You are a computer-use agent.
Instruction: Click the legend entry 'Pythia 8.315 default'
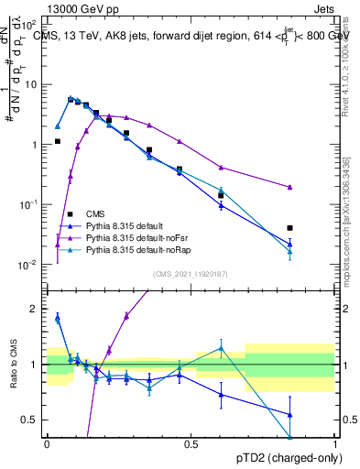click(125, 225)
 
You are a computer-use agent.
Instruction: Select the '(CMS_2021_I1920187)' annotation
click(191, 273)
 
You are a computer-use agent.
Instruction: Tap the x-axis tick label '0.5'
click(191, 443)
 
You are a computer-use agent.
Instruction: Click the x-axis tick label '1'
click(335, 443)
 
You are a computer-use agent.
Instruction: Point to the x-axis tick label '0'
click(46, 443)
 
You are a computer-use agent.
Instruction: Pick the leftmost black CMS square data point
click(58, 141)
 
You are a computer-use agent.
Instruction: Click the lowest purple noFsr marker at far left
click(58, 245)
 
